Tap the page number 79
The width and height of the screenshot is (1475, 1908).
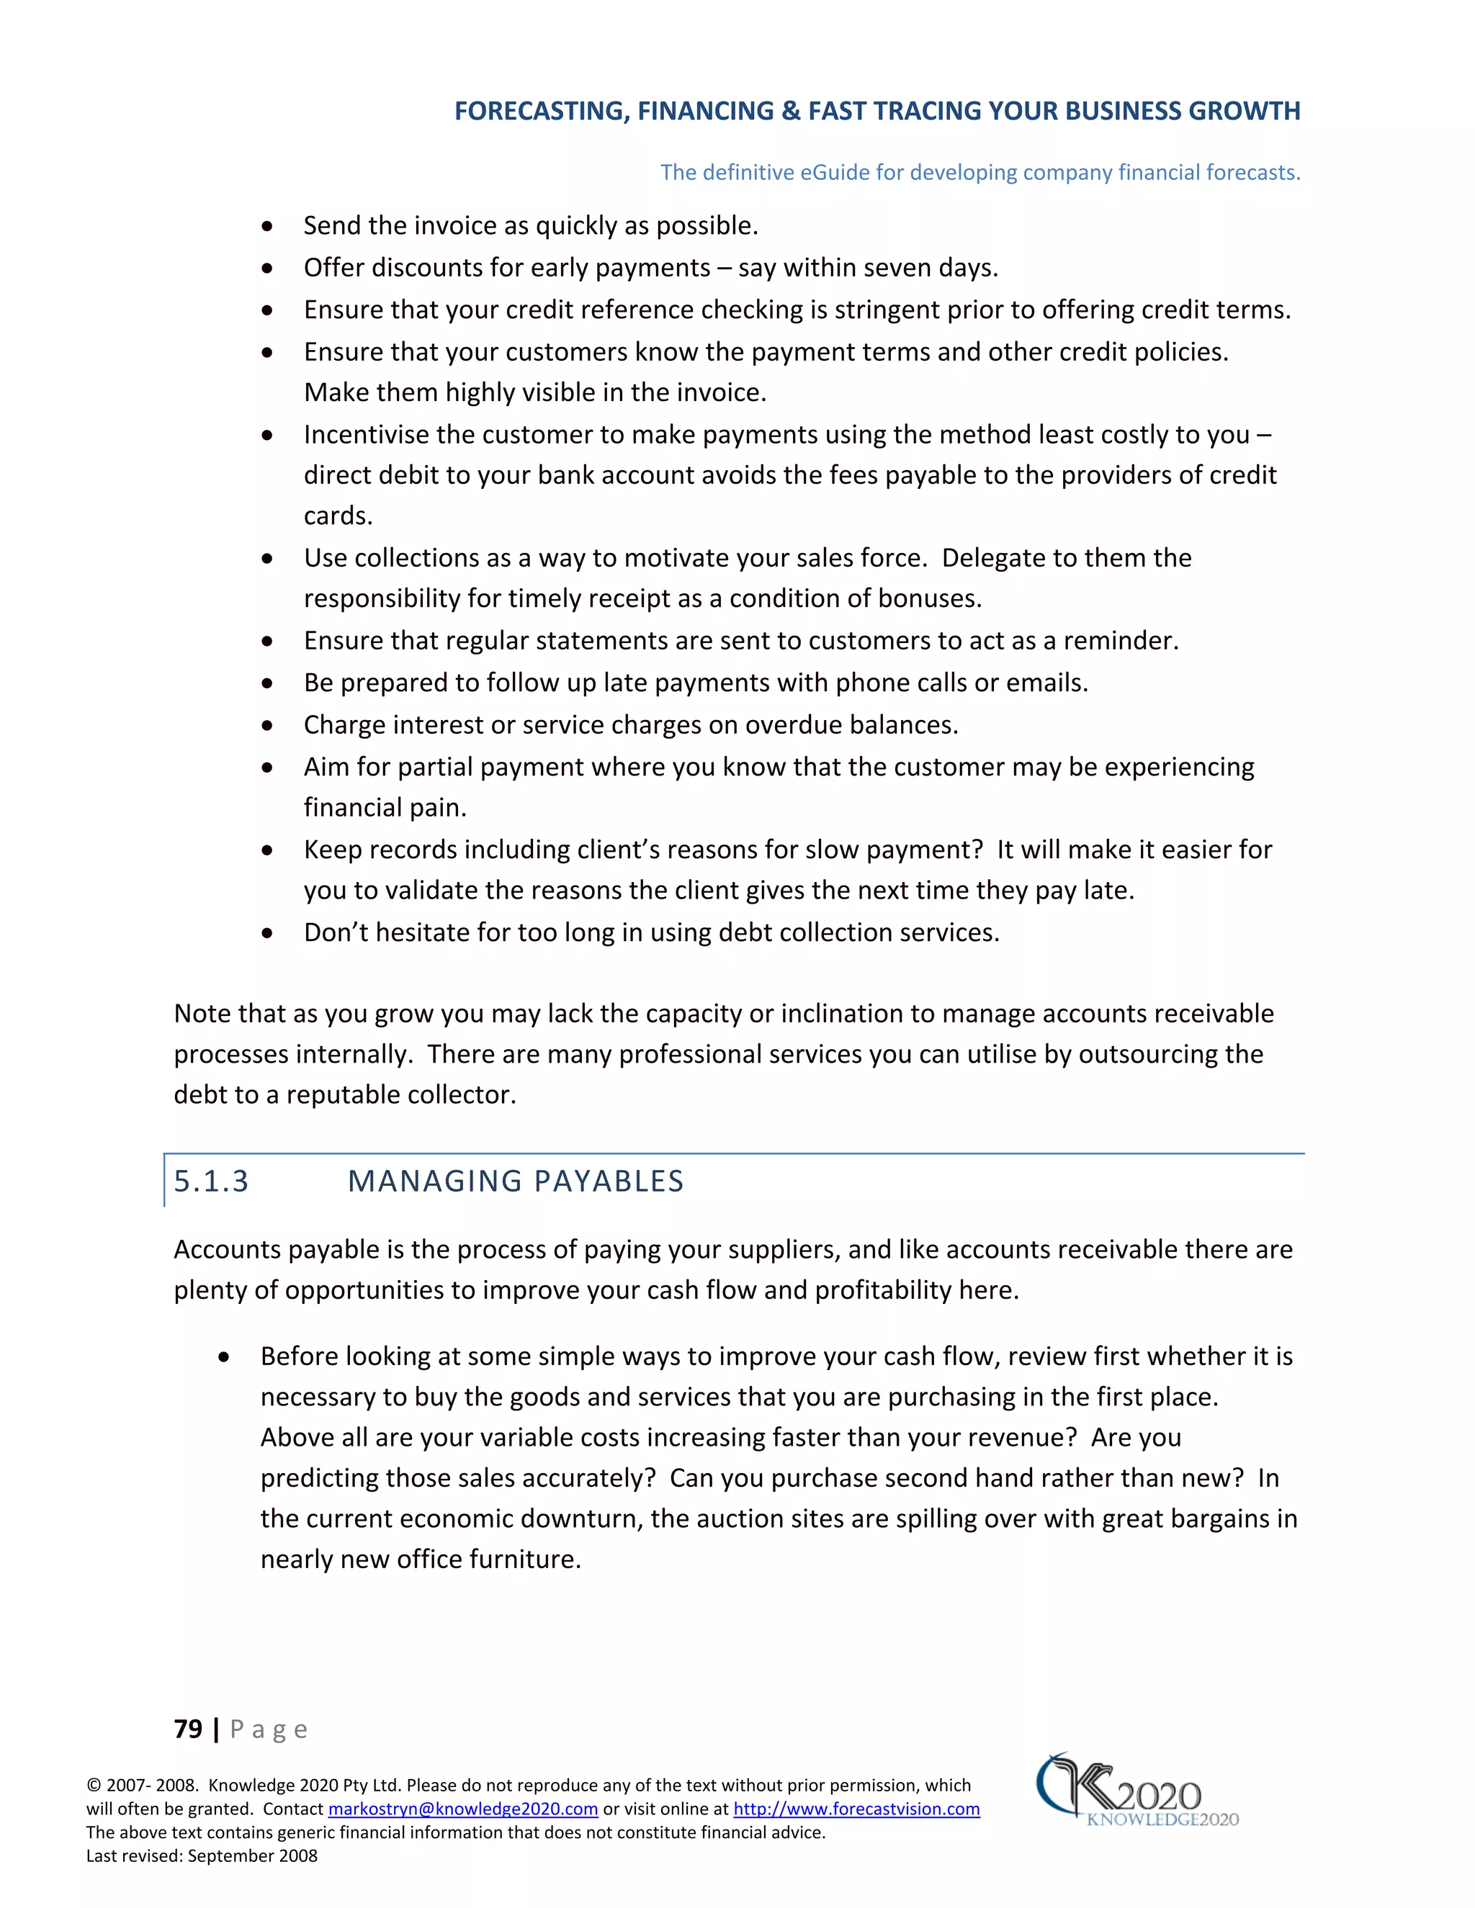click(x=188, y=1729)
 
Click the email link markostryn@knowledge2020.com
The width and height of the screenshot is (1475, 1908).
click(x=462, y=1809)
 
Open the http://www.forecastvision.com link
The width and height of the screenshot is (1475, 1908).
click(x=856, y=1809)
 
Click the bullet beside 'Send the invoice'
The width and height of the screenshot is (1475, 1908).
click(x=267, y=227)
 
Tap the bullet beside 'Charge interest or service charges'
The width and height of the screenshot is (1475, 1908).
click(x=267, y=726)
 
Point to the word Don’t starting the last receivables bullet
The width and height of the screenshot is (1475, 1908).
click(x=336, y=932)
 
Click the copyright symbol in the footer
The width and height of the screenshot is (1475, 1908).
click(x=94, y=1786)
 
